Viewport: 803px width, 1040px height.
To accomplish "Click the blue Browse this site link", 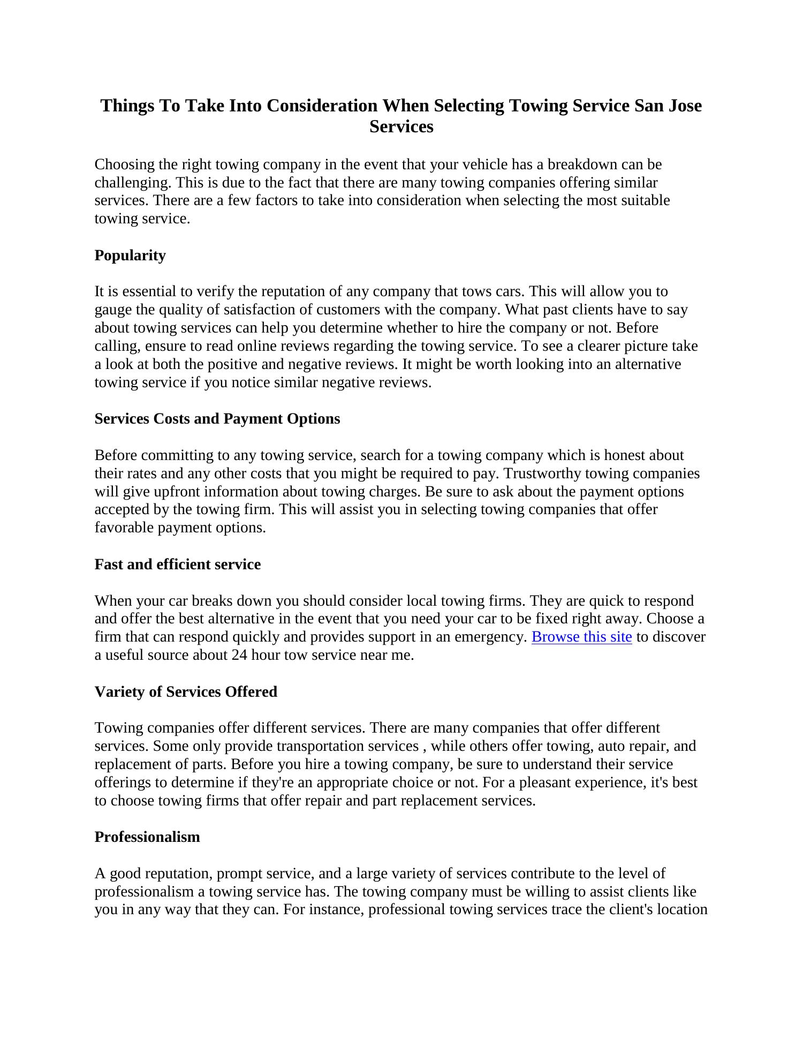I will tap(581, 637).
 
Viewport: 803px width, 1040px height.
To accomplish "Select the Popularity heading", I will tap(130, 255).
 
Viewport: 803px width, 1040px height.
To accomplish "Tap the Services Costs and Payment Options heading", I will tap(217, 419).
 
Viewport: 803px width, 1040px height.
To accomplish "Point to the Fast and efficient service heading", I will tap(177, 564).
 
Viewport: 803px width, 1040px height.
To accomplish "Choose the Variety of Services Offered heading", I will tap(186, 692).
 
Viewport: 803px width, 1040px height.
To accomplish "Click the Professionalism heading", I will tap(147, 837).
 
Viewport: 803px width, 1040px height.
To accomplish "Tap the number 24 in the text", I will tap(238, 655).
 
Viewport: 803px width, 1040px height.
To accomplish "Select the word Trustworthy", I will tap(542, 473).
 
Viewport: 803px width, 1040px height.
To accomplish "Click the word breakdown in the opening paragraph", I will tap(582, 164).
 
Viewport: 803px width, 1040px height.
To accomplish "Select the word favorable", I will tap(124, 527).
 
